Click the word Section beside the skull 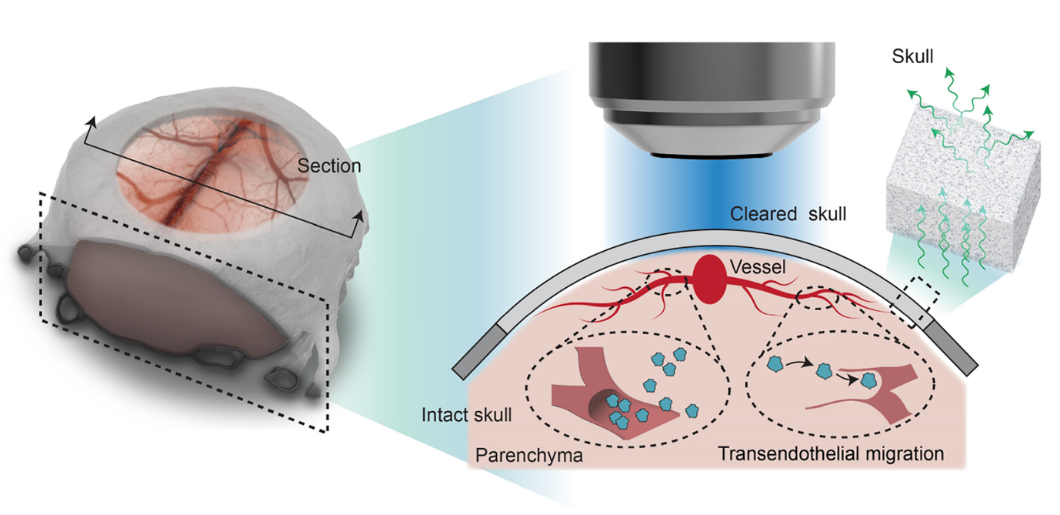329,166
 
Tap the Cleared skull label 788,215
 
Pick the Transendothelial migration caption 830,453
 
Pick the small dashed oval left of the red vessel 665,282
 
